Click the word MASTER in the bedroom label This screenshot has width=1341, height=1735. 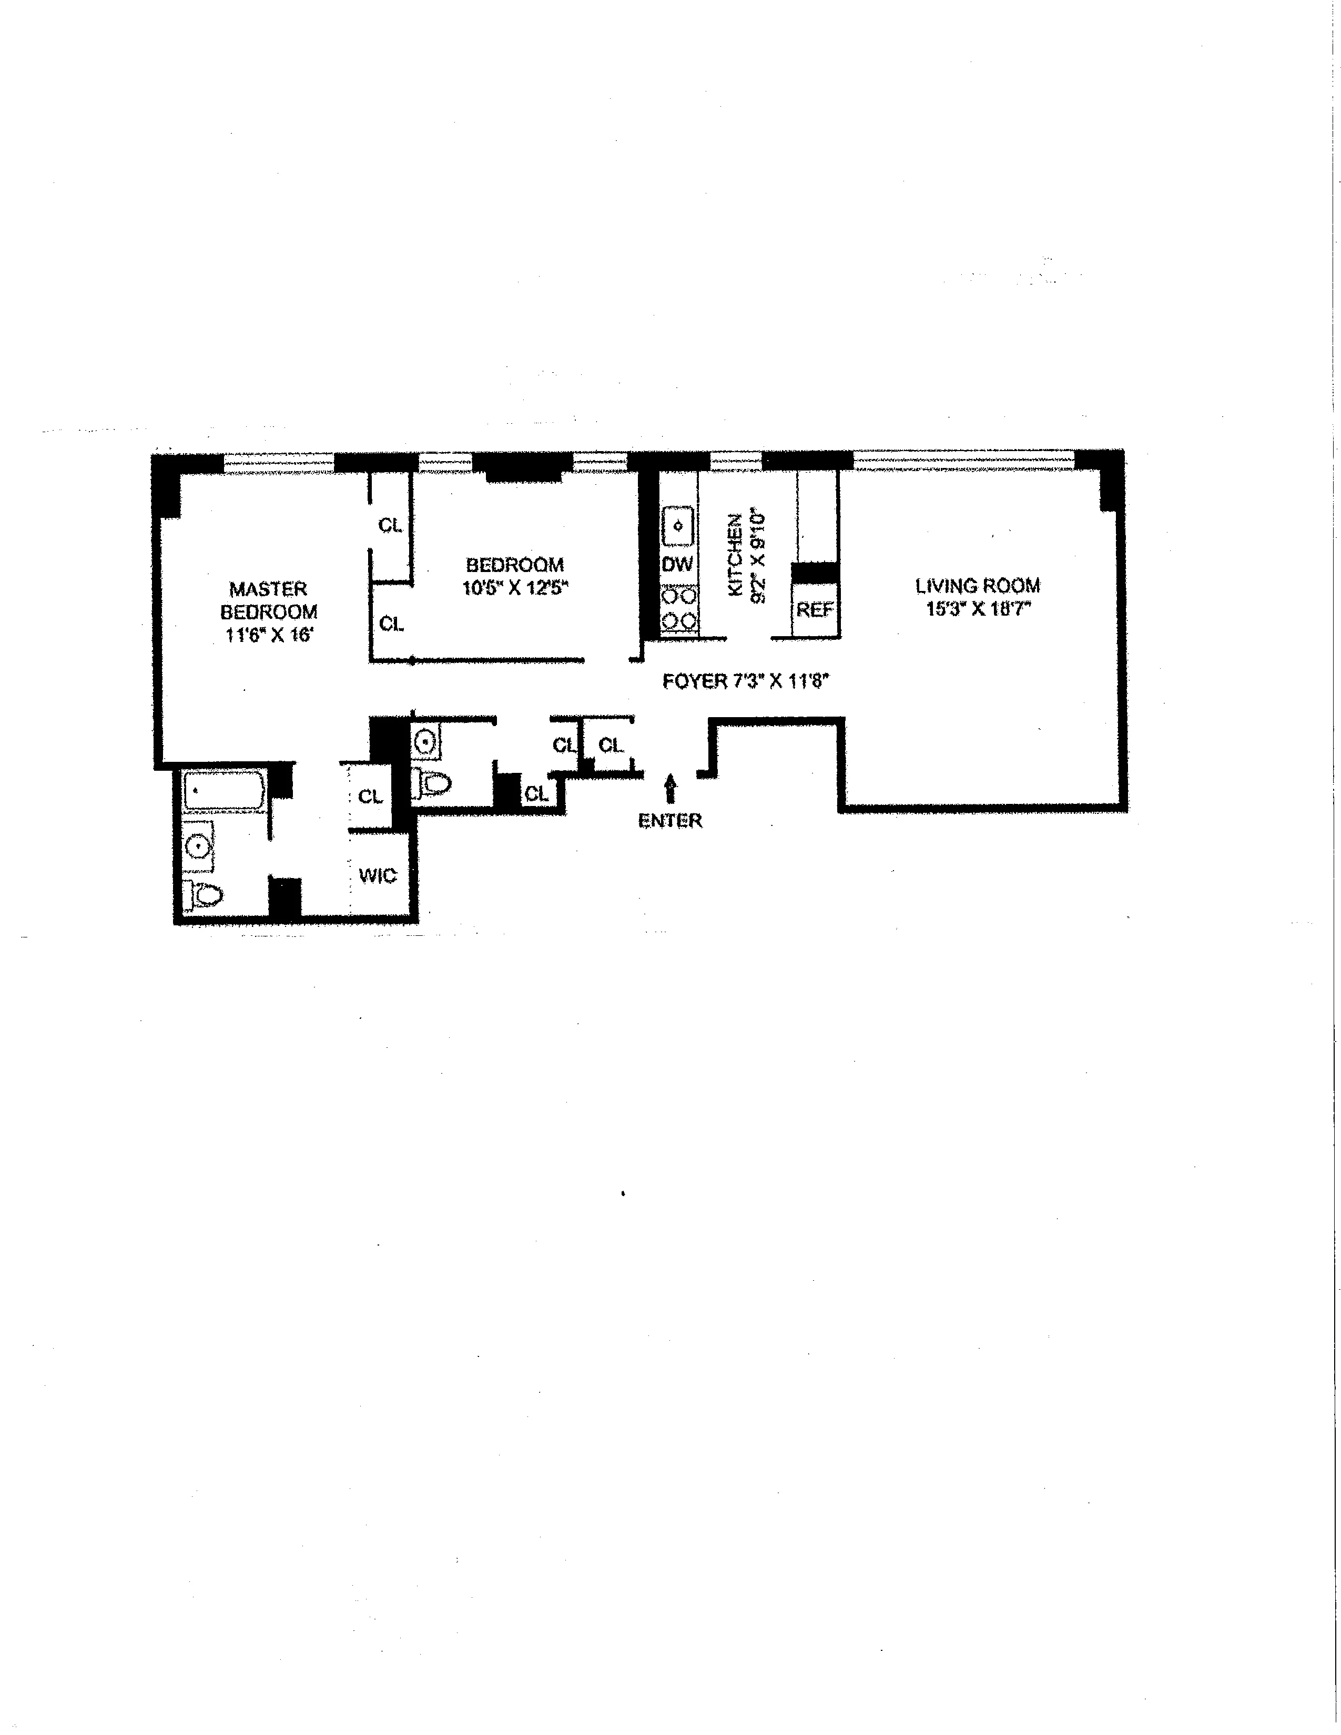(x=268, y=589)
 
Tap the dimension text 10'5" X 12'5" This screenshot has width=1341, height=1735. (x=515, y=589)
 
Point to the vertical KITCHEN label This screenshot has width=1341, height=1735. (x=736, y=555)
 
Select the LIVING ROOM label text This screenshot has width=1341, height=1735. (x=977, y=586)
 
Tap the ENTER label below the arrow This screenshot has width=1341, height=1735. (x=669, y=821)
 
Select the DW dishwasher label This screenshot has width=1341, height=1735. (x=678, y=564)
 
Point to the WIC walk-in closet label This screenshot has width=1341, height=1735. (x=378, y=875)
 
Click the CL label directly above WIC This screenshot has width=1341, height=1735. (x=370, y=796)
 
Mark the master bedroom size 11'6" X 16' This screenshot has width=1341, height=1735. (x=269, y=635)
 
